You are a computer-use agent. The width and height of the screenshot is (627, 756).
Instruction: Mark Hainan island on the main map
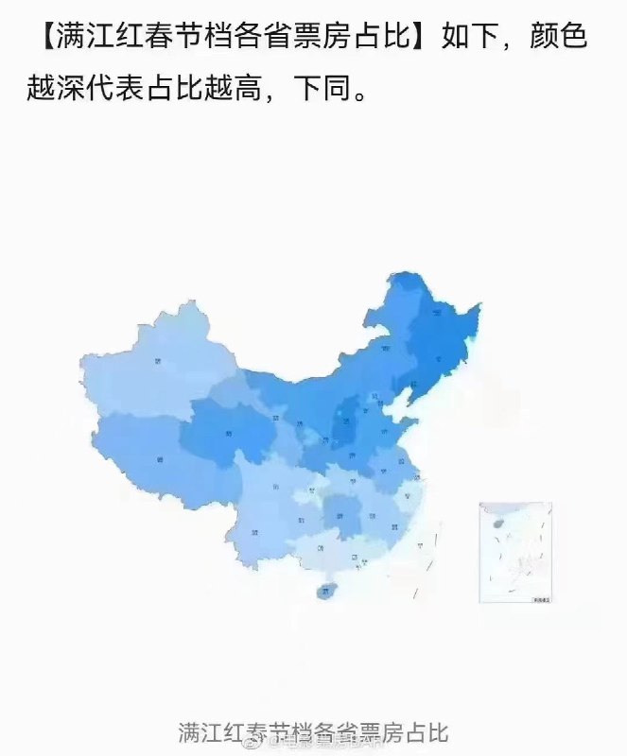[x=327, y=590]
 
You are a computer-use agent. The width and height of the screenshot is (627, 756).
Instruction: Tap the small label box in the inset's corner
[x=541, y=597]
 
